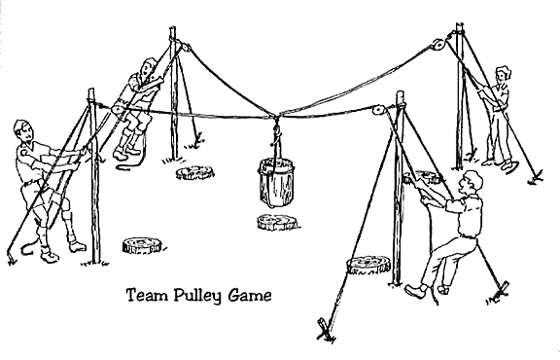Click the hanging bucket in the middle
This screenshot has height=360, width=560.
coord(277,183)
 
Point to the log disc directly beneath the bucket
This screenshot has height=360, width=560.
coord(278,222)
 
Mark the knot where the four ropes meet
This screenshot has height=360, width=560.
coord(276,117)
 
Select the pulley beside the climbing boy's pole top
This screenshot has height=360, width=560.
coord(185,48)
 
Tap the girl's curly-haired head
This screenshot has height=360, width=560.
coord(502,74)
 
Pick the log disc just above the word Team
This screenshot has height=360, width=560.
coord(143,245)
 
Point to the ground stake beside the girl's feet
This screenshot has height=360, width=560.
coord(537,177)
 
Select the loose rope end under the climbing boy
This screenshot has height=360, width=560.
coord(131,164)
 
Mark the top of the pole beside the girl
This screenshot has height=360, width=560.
coord(459,24)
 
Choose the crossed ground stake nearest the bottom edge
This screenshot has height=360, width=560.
coord(326,331)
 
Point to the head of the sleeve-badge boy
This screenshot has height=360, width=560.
coord(24,130)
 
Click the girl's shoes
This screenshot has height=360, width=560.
coord(501,164)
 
